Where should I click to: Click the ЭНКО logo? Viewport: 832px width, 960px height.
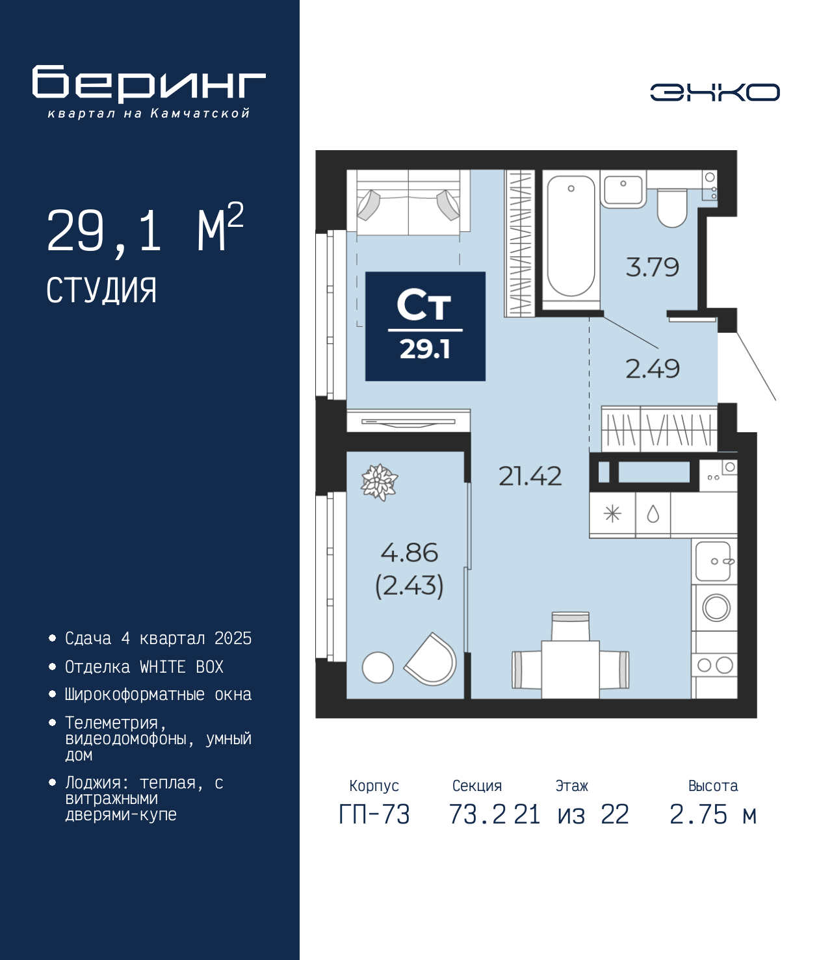coord(714,92)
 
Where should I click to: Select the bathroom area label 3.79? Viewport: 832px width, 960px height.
coord(652,268)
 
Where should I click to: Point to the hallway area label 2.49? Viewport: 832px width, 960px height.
coord(652,369)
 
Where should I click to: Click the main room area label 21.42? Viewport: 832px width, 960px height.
coord(530,476)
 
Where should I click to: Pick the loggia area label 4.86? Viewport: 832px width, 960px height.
coord(409,552)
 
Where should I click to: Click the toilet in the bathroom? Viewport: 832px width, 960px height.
coord(672,207)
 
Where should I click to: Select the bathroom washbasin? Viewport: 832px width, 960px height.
coord(623,188)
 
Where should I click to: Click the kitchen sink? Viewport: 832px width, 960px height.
coord(714,561)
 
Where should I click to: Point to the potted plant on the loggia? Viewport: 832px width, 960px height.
coord(380,482)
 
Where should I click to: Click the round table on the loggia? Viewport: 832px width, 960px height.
coord(378,668)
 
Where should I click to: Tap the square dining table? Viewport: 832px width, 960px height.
coord(571,669)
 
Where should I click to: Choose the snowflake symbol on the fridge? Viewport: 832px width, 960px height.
coord(612,515)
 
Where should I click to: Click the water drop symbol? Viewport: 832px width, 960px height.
coord(653,515)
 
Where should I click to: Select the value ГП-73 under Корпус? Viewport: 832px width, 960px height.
coord(374,814)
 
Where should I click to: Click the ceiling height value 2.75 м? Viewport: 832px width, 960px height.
coord(713,814)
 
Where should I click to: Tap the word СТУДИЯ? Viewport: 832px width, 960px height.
coord(102,291)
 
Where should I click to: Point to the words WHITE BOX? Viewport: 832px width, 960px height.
coord(181,667)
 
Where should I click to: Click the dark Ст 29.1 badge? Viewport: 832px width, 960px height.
coord(425,326)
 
